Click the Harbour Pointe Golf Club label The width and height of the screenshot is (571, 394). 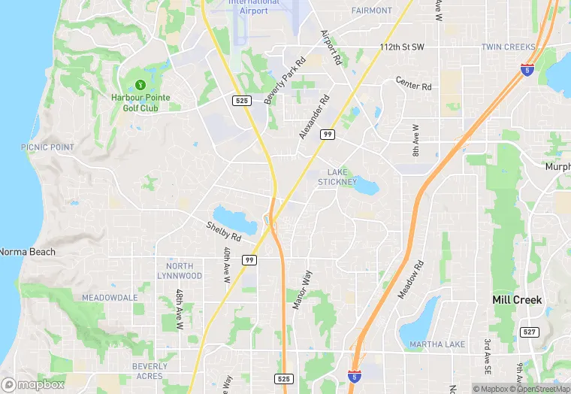tap(140, 102)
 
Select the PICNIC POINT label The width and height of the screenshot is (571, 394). tap(47, 147)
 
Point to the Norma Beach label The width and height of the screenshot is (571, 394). tap(27, 252)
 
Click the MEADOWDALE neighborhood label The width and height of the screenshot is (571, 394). tap(110, 298)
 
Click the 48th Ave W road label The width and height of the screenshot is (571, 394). tap(180, 310)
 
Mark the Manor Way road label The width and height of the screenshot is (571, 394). tap(301, 290)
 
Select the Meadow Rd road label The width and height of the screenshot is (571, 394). tap(411, 279)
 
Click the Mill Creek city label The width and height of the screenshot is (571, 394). tap(517, 299)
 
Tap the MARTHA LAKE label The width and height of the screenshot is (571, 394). tap(437, 344)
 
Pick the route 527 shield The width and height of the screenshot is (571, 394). tap(529, 332)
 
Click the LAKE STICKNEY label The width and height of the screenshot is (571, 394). tap(337, 177)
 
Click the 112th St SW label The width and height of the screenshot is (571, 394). tap(402, 47)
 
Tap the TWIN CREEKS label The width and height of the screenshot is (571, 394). tap(508, 47)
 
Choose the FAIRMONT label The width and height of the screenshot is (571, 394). tap(372, 11)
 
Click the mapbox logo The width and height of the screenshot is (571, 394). tap(33, 384)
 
